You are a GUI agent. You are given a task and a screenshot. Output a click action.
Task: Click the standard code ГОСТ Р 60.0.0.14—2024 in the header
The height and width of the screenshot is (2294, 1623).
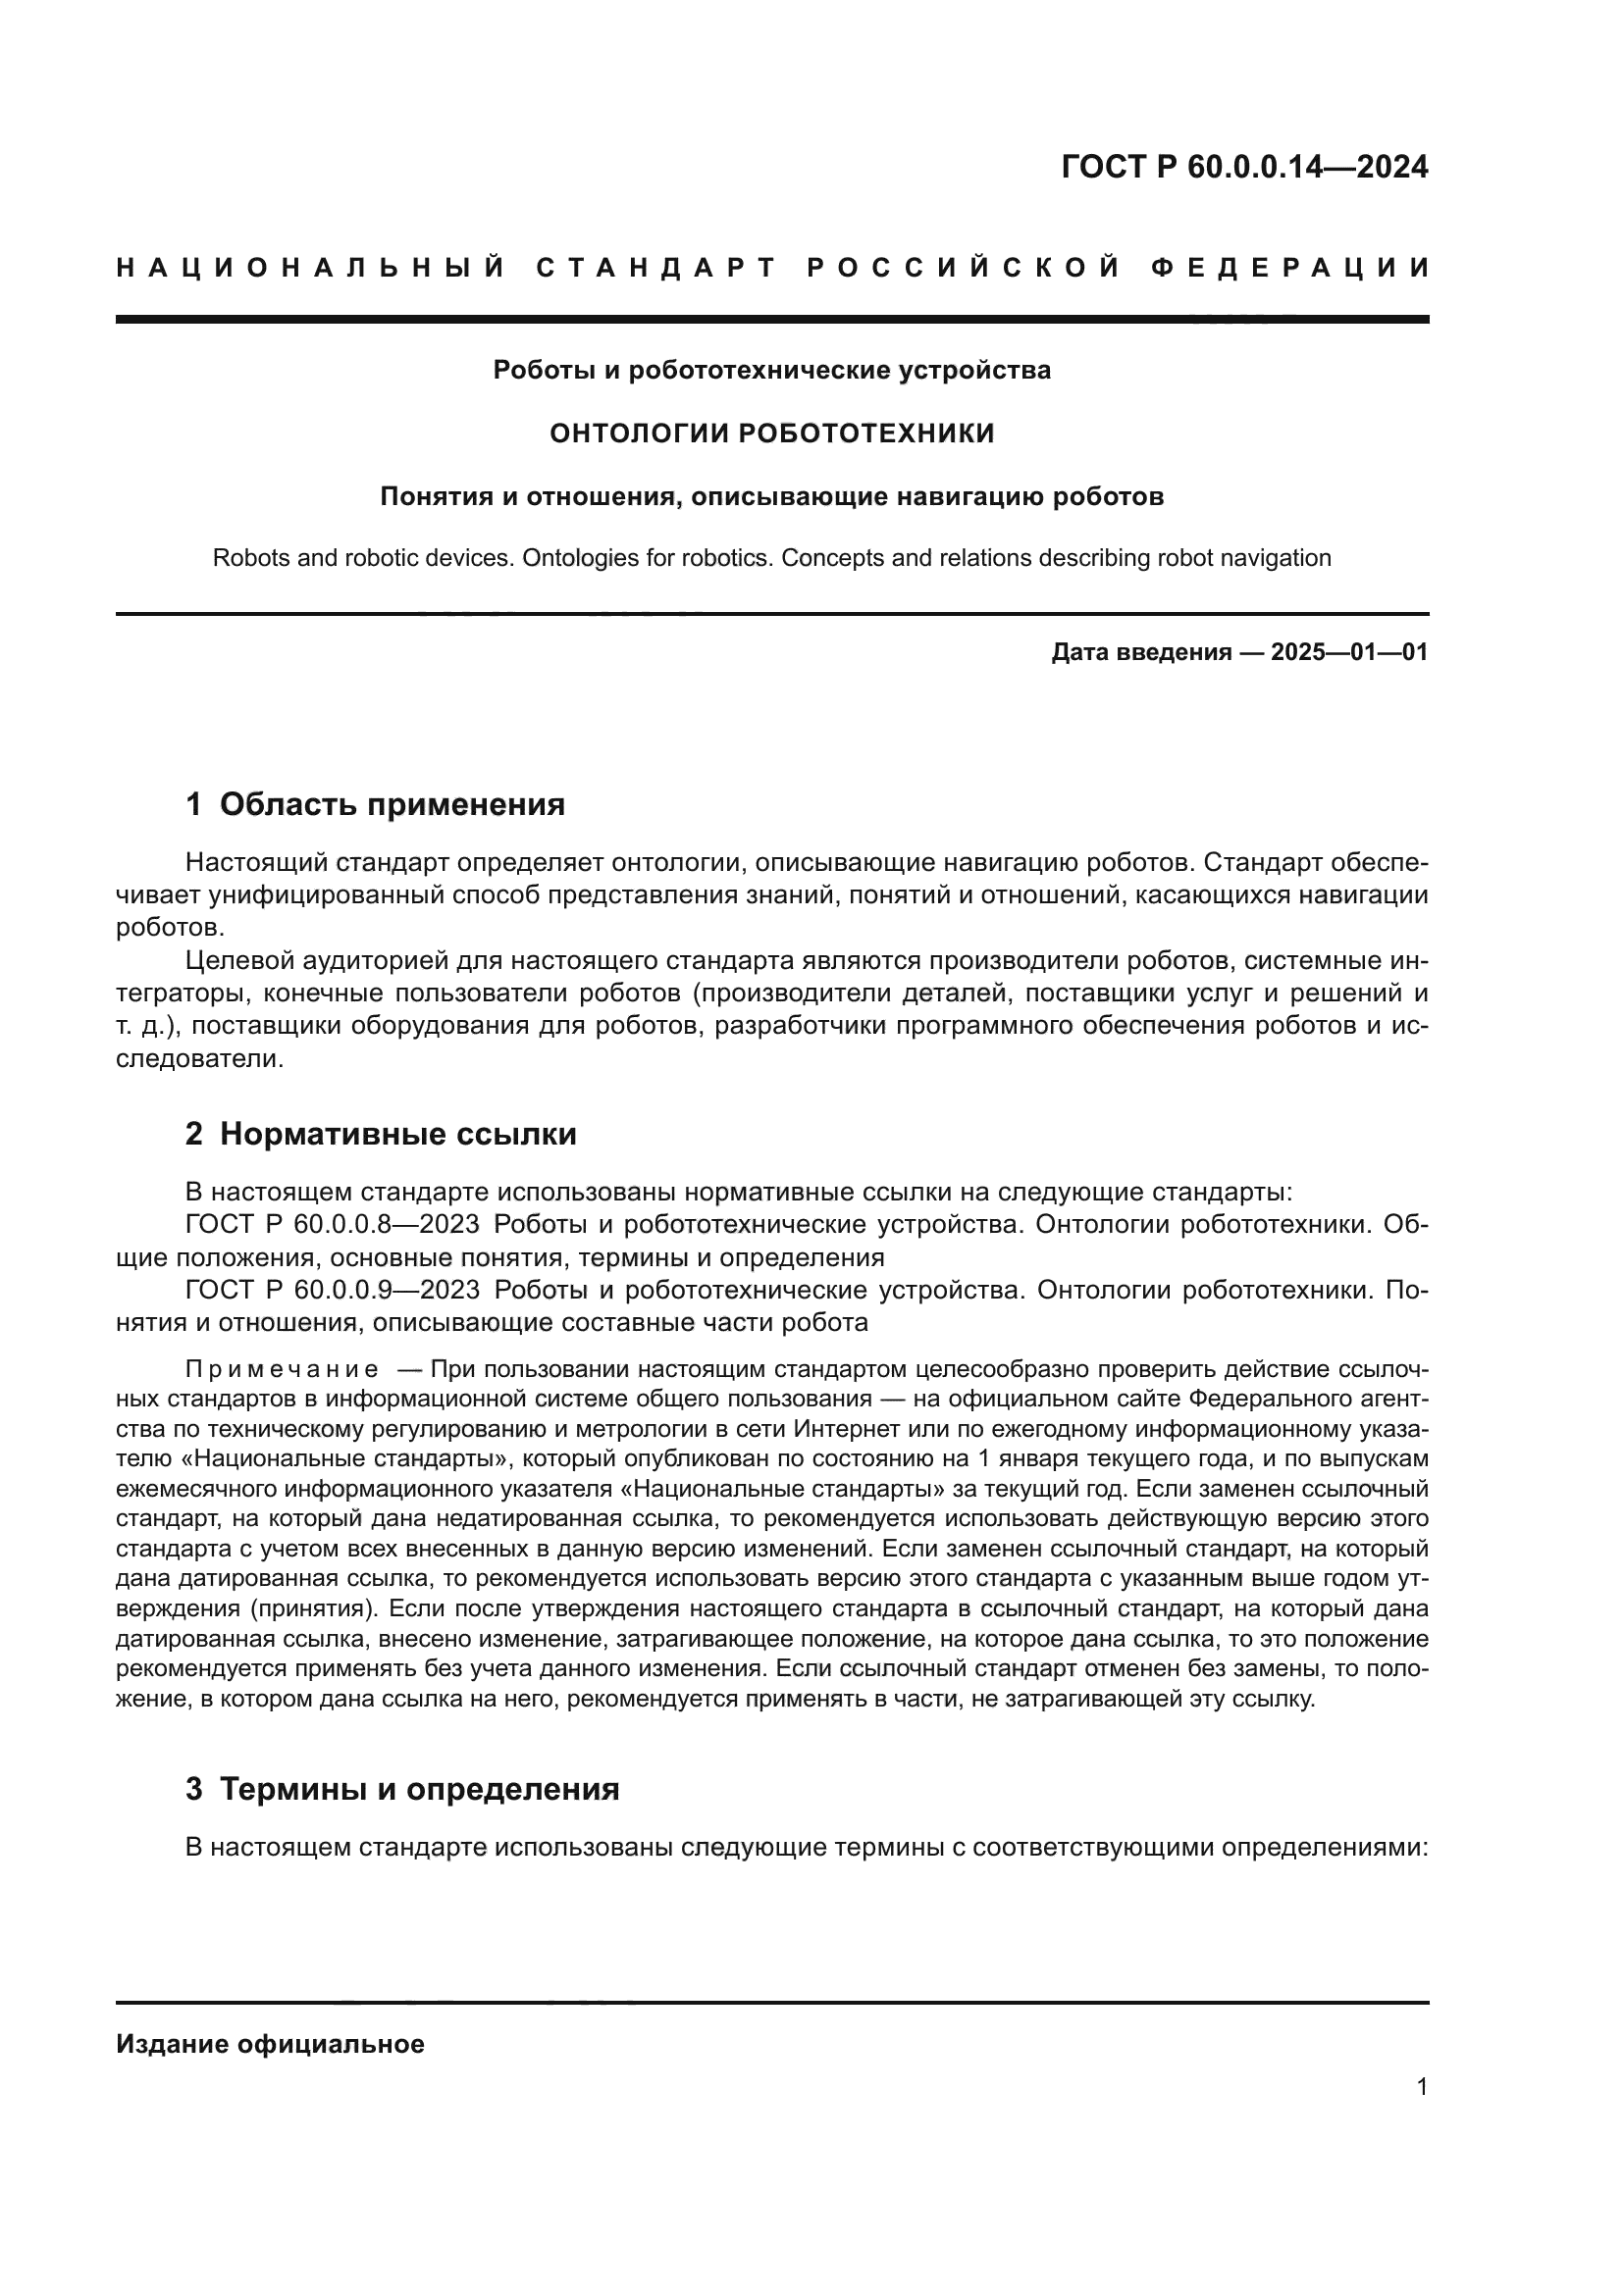(x=1244, y=168)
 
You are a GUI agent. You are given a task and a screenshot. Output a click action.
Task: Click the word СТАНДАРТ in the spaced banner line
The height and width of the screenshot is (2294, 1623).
(x=656, y=268)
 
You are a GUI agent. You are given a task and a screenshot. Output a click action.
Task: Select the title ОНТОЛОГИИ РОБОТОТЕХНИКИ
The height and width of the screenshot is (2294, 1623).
(x=772, y=433)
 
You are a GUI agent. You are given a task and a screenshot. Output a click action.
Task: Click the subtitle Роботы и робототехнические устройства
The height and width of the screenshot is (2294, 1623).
(x=771, y=371)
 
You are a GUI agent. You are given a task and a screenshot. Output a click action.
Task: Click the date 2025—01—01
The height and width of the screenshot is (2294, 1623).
(x=1349, y=653)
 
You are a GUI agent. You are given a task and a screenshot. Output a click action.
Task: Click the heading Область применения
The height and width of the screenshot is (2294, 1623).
(x=392, y=804)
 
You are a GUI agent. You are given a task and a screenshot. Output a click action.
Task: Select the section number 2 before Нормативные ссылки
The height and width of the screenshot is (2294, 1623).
(x=194, y=1134)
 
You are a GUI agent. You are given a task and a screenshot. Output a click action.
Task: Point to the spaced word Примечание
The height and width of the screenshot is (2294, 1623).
(x=282, y=1369)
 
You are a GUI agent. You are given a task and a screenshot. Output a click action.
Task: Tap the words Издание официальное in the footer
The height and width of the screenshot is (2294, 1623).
(x=270, y=2044)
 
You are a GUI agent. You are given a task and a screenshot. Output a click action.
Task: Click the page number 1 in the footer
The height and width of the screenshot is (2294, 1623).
(x=1422, y=2086)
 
